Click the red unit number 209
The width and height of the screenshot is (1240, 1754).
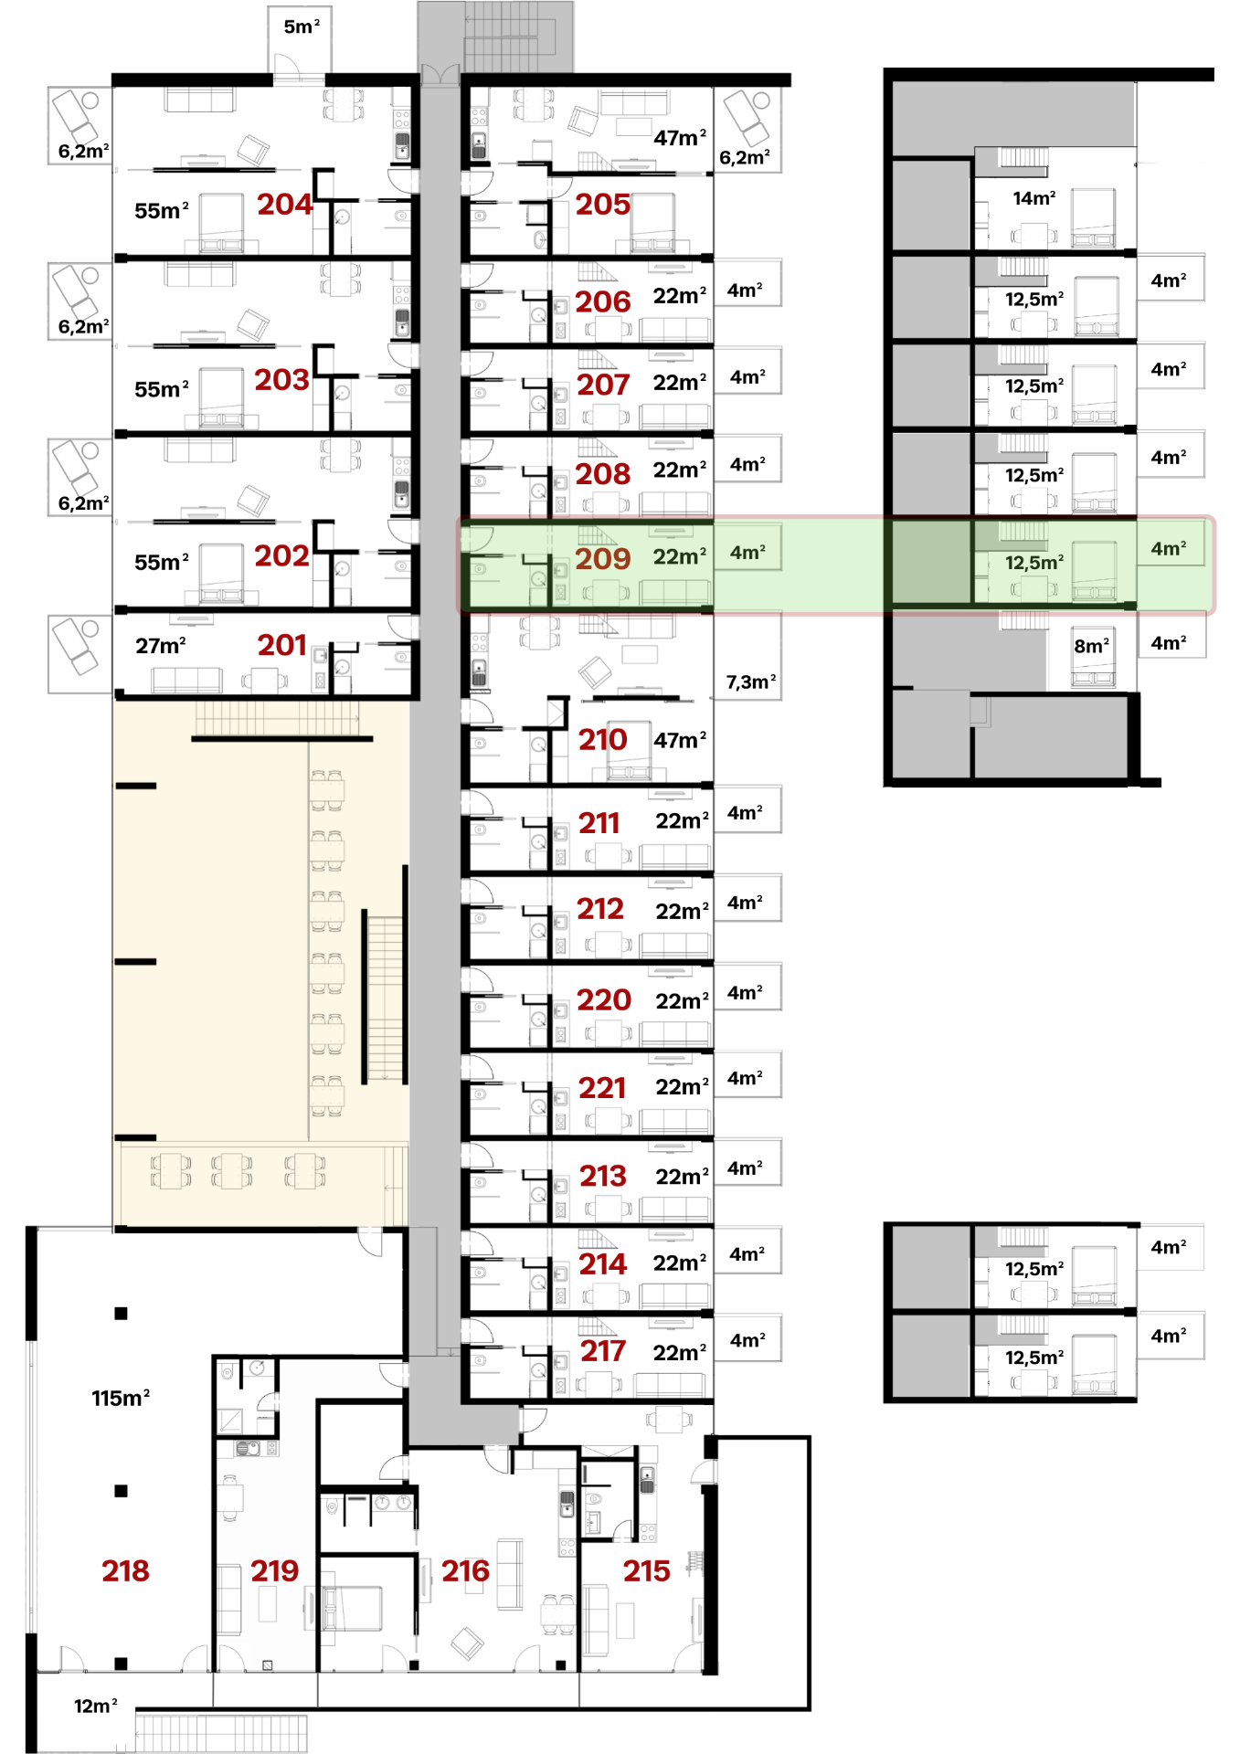[x=602, y=558]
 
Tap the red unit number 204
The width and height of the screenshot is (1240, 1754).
[x=284, y=204]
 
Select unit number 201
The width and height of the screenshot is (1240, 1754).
[x=281, y=645]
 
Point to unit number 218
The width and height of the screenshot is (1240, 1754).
[x=125, y=1570]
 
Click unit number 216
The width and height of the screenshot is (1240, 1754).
[x=465, y=1570]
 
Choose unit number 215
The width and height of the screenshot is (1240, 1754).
[x=646, y=1570]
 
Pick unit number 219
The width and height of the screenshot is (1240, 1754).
[x=274, y=1570]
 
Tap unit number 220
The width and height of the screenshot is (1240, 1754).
[x=604, y=999]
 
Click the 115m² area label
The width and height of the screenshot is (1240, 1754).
[x=121, y=1398]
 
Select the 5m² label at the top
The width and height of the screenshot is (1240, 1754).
[x=302, y=26]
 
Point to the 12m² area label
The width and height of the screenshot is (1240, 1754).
[x=96, y=1706]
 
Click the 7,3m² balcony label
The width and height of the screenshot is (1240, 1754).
[x=751, y=682]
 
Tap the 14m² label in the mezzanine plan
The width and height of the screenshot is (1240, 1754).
[x=1034, y=197]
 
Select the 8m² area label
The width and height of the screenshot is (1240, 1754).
[x=1092, y=645]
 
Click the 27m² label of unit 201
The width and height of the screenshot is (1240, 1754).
[x=161, y=645]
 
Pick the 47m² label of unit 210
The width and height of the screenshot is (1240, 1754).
[x=680, y=739]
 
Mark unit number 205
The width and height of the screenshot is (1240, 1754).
[x=602, y=204]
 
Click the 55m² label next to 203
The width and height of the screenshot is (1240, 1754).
[x=162, y=388]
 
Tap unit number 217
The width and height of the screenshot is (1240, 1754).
[x=602, y=1350]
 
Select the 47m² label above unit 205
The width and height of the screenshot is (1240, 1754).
[x=680, y=137]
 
